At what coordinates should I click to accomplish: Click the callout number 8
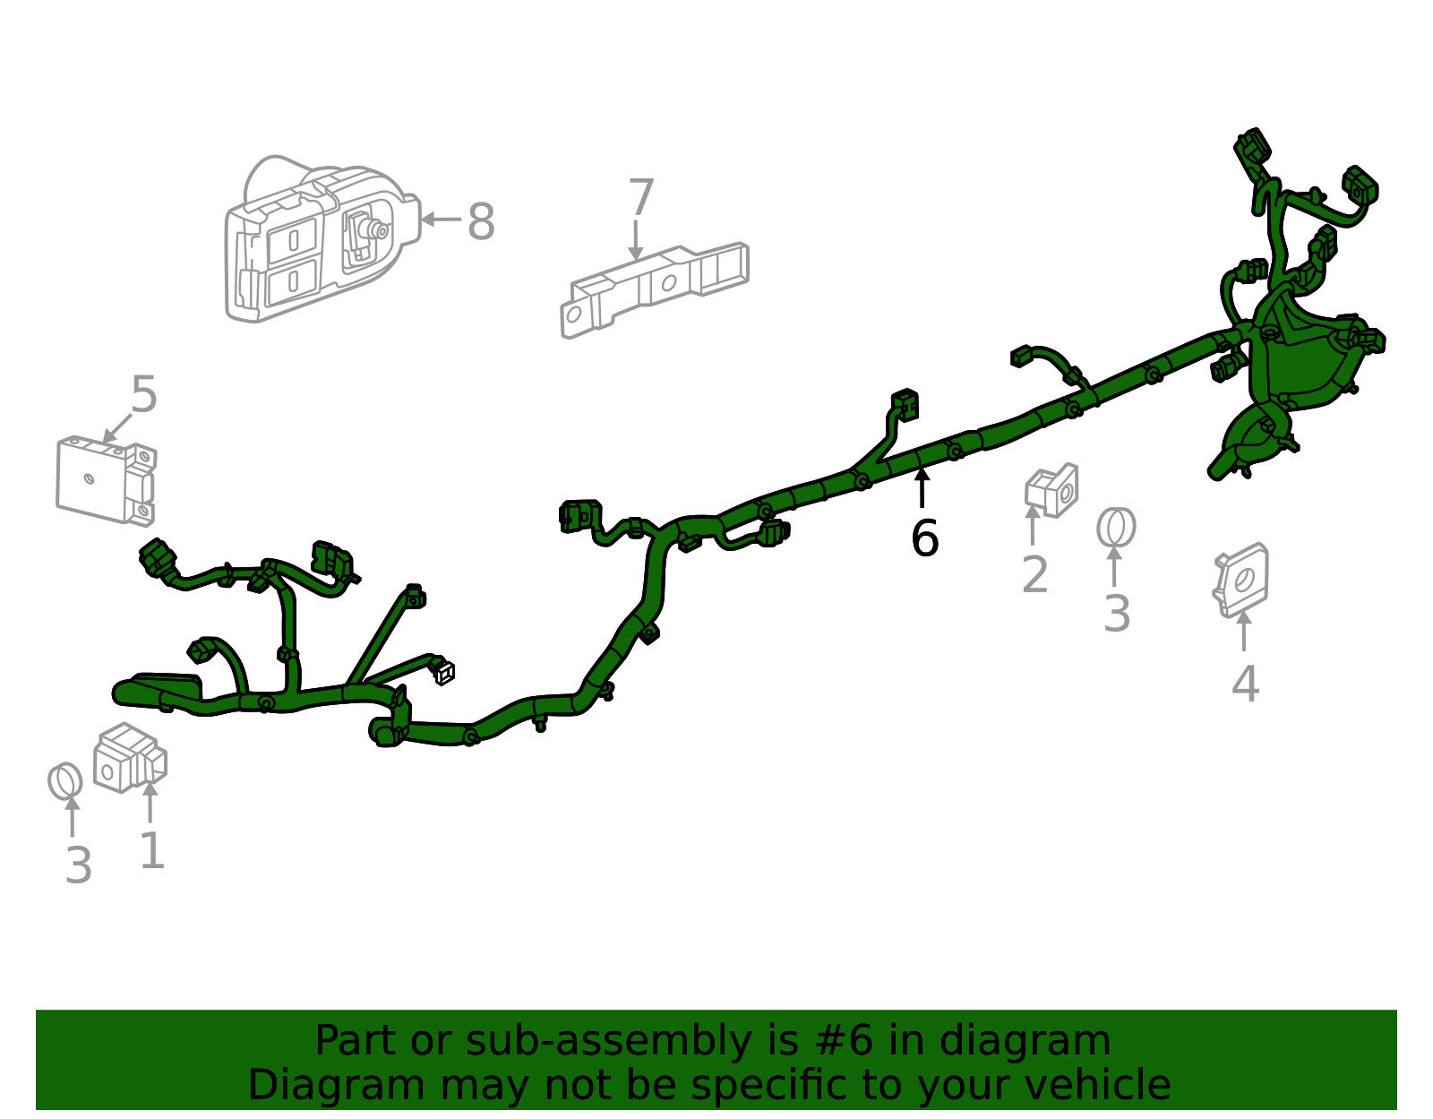tap(481, 221)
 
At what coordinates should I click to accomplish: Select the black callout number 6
tap(924, 538)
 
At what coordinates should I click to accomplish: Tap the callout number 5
tap(144, 393)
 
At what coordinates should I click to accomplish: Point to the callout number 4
tap(1246, 684)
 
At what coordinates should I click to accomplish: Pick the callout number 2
tap(1034, 574)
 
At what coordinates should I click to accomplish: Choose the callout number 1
tap(152, 850)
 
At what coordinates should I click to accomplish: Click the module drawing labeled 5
tap(107, 480)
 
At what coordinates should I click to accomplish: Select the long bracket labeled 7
tap(655, 290)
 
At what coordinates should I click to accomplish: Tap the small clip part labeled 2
tap(1051, 491)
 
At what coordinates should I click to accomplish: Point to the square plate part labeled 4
tap(1241, 581)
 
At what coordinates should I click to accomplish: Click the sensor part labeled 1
tap(130, 758)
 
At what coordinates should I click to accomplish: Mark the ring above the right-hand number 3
tap(1117, 528)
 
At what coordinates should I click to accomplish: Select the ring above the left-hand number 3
tap(65, 780)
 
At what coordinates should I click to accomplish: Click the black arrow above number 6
tap(922, 486)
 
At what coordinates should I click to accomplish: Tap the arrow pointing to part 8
tap(441, 219)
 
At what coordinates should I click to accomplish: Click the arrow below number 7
tap(636, 240)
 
